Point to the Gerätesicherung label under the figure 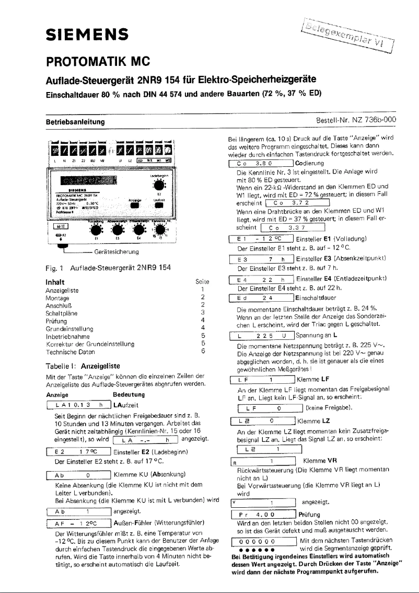(x=113, y=253)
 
